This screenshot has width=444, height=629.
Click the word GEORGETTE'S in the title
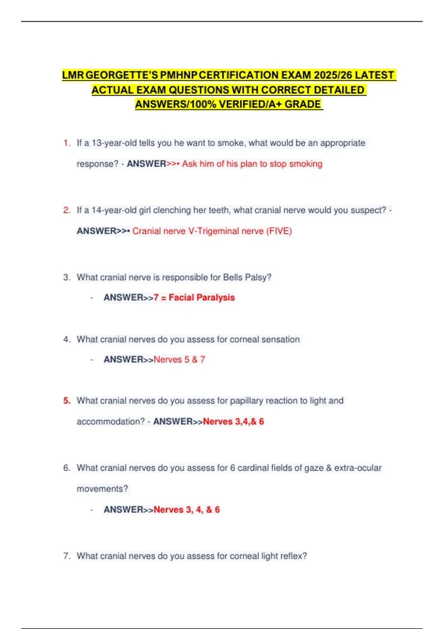122,75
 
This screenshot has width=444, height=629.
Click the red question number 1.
67,143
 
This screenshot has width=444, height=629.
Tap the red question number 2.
67,210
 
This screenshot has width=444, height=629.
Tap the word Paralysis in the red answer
216,297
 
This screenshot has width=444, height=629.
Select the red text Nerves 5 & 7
179,359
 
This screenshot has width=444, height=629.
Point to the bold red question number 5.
67,400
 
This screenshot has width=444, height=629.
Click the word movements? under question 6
102,489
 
